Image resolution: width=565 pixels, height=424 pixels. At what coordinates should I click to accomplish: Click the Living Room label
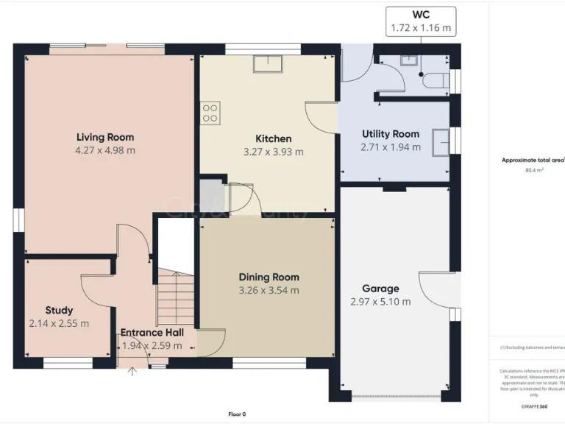click(x=105, y=137)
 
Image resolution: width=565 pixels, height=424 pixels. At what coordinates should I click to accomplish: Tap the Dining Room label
click(x=269, y=277)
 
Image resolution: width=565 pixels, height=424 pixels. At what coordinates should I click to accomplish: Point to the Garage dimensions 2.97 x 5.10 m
click(x=380, y=302)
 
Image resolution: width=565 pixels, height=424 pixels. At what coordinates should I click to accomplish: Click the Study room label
click(x=59, y=310)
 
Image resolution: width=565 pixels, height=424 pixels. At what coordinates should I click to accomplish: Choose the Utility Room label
click(x=390, y=134)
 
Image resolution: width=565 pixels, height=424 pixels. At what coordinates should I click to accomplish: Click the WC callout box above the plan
click(x=420, y=21)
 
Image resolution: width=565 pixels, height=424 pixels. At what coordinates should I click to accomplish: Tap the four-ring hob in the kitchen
click(x=210, y=112)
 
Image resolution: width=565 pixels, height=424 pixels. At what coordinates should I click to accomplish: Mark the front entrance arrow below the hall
click(x=132, y=371)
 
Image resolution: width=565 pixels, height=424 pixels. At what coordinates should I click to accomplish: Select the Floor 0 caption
click(x=237, y=414)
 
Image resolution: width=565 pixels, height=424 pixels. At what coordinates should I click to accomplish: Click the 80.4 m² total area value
click(x=533, y=170)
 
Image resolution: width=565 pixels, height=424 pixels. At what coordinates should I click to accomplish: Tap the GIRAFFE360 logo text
click(x=533, y=406)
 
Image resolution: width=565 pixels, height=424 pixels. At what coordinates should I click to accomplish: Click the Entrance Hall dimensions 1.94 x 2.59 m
click(x=152, y=346)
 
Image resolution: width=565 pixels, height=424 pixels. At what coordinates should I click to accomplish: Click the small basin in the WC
click(x=407, y=62)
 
